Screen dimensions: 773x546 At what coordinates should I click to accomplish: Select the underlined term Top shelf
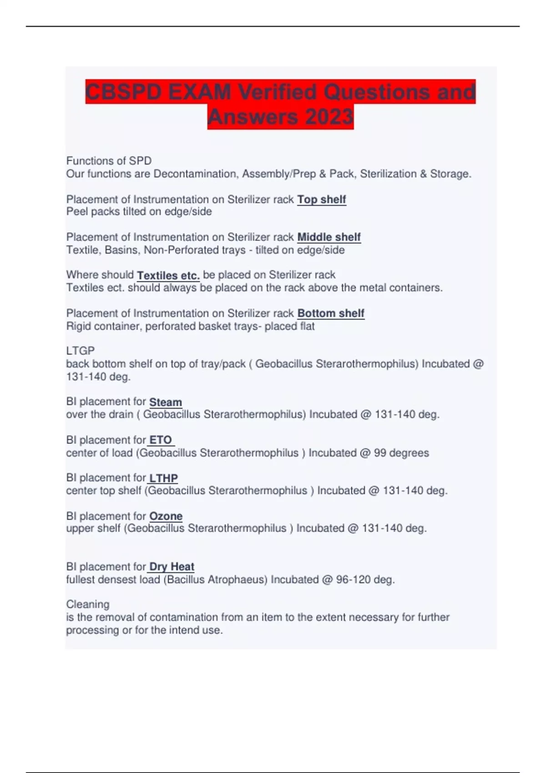pyautogui.click(x=322, y=200)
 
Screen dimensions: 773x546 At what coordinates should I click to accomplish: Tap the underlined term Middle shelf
pyautogui.click(x=329, y=237)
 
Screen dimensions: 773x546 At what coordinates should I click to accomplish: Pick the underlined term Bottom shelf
pyautogui.click(x=331, y=313)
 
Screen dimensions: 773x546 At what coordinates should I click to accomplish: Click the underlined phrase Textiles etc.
pyautogui.click(x=168, y=276)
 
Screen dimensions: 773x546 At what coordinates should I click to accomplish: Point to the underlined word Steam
pyautogui.click(x=166, y=402)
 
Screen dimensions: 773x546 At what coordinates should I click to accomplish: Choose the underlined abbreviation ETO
pyautogui.click(x=161, y=440)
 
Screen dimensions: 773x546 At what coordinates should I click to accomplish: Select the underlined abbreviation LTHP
pyautogui.click(x=163, y=478)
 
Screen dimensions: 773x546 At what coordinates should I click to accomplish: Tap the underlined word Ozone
pyautogui.click(x=166, y=517)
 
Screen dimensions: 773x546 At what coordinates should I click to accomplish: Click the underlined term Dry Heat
pyautogui.click(x=172, y=567)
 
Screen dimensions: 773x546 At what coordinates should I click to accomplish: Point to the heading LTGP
pyautogui.click(x=81, y=351)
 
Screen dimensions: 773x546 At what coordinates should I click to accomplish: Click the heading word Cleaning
pyautogui.click(x=88, y=604)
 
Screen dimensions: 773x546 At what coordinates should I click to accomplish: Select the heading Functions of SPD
pyautogui.click(x=109, y=161)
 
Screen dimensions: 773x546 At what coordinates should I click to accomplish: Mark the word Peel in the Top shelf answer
pyautogui.click(x=76, y=212)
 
